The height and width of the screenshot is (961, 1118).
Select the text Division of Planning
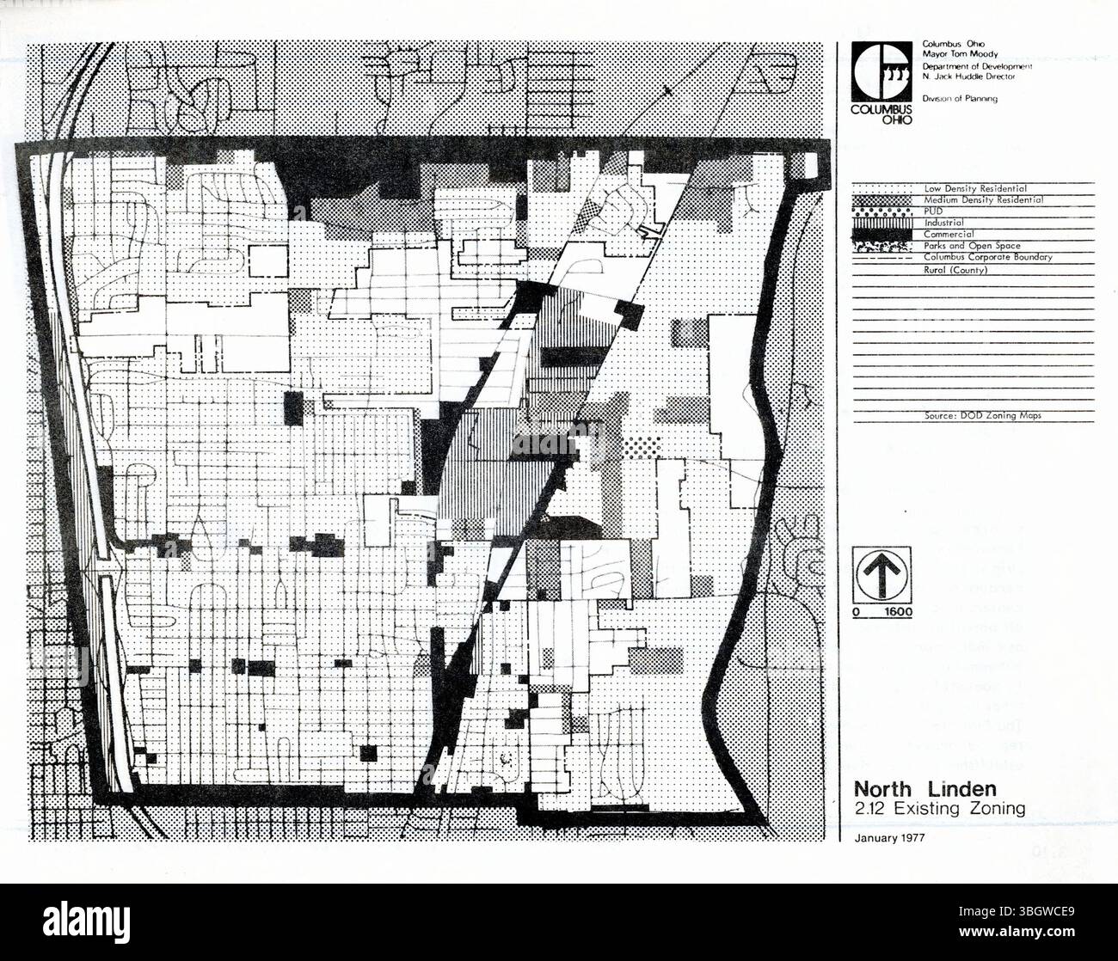click(x=960, y=99)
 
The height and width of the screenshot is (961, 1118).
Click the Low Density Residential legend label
click(x=975, y=188)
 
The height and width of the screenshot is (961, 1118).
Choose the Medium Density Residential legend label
click(x=984, y=199)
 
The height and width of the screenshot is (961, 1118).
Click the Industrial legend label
click(x=943, y=223)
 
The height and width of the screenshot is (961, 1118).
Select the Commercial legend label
click(x=949, y=234)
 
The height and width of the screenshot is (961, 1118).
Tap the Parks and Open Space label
click(x=972, y=246)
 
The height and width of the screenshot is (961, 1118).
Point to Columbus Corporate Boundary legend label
click(x=988, y=257)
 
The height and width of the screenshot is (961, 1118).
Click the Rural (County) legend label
click(x=955, y=270)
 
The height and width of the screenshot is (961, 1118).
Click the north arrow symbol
click(x=882, y=573)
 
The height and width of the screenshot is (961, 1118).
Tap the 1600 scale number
click(x=899, y=613)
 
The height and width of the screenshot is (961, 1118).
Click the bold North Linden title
click(x=924, y=789)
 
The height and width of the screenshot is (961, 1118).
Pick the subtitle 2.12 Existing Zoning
click(x=939, y=809)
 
